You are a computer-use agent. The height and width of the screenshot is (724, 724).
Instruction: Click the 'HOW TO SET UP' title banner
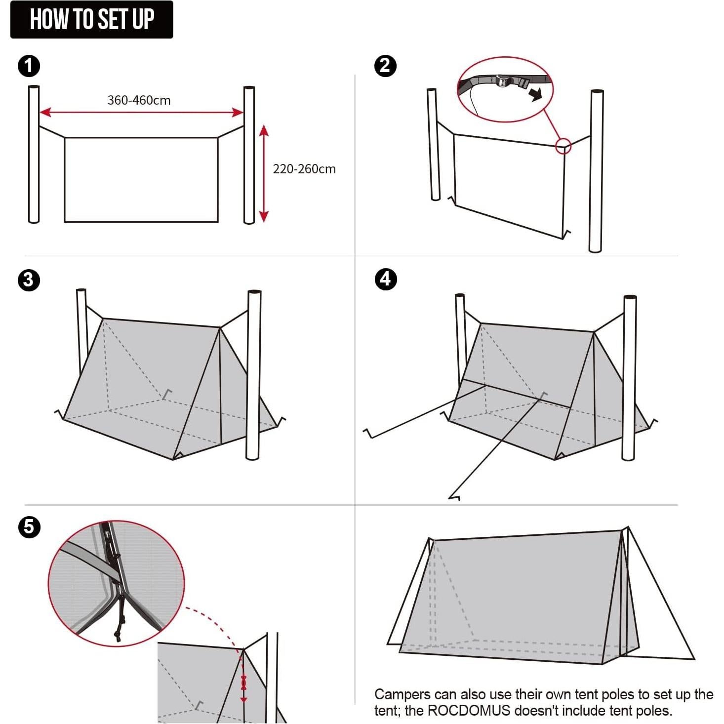point(92,20)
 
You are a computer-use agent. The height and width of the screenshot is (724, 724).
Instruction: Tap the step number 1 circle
point(29,66)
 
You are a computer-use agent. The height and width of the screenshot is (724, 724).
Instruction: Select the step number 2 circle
point(385,66)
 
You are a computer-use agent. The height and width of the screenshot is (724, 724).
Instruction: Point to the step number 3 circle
point(29,280)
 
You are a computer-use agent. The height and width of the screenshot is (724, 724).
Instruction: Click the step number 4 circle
point(385,279)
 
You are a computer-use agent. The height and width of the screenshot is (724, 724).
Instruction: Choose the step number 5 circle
point(29,527)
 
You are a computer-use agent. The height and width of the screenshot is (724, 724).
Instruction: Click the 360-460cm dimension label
point(139,100)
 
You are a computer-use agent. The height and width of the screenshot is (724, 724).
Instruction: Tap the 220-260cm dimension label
point(304,169)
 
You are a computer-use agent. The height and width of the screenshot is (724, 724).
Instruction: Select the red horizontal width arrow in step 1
point(141,113)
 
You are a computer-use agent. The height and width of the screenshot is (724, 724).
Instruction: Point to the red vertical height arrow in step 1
point(264,173)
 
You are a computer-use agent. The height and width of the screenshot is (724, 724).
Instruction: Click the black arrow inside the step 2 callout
point(535,93)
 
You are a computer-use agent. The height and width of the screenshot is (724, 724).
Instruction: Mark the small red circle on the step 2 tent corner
point(563,146)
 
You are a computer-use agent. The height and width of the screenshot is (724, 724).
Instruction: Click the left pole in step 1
point(34,154)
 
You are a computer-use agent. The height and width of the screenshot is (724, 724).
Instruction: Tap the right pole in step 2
point(596,171)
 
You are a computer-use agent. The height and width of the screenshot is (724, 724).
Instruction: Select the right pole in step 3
point(253,375)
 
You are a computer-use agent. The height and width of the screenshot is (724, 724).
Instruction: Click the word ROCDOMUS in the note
point(468,711)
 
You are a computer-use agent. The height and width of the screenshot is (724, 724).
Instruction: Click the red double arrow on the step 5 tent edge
point(243,684)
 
